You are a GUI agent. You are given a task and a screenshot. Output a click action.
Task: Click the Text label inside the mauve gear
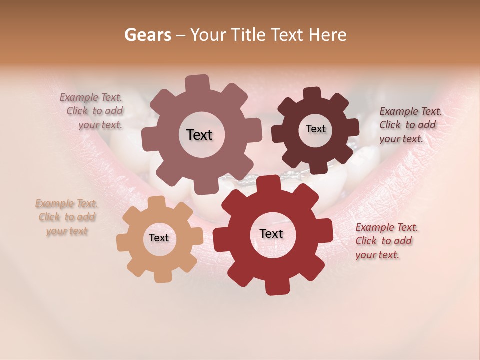(x=199, y=135)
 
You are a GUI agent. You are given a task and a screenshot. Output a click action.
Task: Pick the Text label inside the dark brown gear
(x=315, y=129)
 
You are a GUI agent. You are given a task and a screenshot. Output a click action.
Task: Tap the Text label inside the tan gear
(x=159, y=238)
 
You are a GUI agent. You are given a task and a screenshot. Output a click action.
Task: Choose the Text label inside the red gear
(x=271, y=233)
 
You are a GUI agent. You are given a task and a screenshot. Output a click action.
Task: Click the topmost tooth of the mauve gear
(x=197, y=83)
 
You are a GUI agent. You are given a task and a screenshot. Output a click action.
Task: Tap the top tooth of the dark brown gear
(x=312, y=93)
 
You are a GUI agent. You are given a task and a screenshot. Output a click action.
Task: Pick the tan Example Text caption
(x=67, y=217)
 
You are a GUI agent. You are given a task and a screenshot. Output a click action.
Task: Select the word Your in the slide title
(x=209, y=35)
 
